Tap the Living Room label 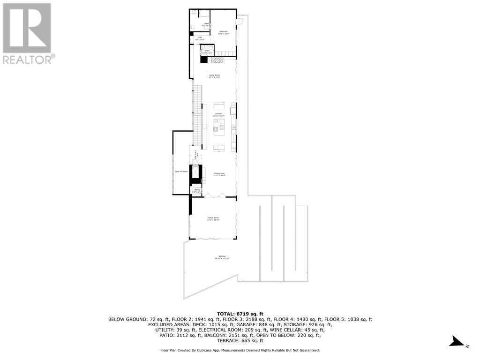point(214,75)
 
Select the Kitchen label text point(218,113)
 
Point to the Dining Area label point(219,173)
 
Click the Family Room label point(214,217)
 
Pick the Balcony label point(221,256)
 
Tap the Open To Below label point(181,172)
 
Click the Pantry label point(197,189)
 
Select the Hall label point(200,37)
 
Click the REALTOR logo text point(28,60)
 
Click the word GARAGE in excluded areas point(255,324)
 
